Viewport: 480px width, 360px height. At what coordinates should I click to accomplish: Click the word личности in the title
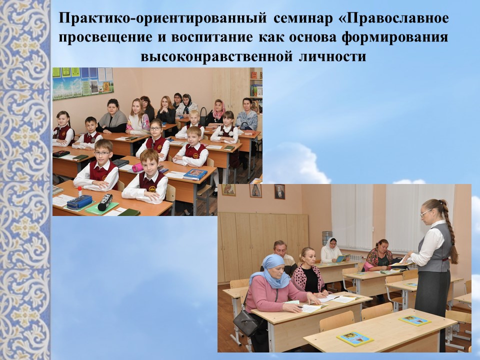(x=332, y=56)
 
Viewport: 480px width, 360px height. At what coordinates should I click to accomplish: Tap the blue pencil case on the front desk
(x=79, y=201)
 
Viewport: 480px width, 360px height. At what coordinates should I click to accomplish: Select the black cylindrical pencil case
(x=105, y=201)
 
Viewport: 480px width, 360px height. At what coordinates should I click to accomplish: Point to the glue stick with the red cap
(x=79, y=191)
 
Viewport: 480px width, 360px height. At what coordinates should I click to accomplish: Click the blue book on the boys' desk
(x=195, y=174)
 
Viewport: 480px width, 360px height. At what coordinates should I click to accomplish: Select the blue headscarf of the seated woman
(x=274, y=270)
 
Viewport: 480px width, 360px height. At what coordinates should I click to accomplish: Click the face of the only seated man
(x=280, y=248)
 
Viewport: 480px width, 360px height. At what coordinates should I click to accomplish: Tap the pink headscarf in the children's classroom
(x=218, y=108)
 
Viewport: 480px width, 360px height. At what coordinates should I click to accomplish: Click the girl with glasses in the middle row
(x=156, y=135)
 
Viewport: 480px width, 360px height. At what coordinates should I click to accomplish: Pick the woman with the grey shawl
(x=112, y=118)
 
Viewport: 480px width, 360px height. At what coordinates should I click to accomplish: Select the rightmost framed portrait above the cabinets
(x=279, y=191)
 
